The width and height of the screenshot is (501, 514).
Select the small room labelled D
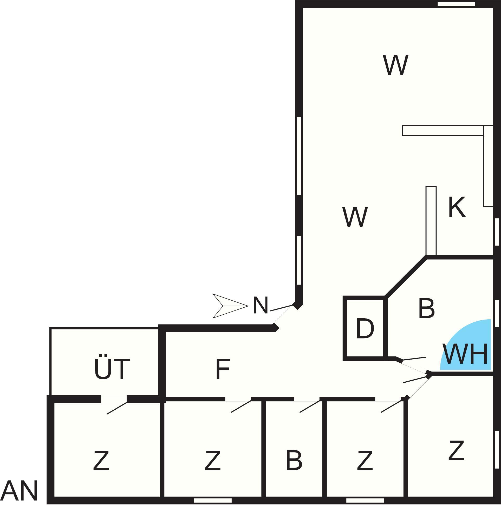coord(365,328)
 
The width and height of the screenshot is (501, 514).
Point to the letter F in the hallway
coord(223,368)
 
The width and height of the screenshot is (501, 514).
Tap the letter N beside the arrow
coord(261,305)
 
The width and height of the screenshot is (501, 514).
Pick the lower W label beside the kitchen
coord(355,217)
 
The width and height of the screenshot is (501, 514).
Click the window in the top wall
coord(456,4)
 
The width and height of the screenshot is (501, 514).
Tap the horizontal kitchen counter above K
coord(443,131)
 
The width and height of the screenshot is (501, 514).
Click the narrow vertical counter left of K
coord(431,221)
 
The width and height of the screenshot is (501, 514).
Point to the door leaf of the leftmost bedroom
coord(117,408)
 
